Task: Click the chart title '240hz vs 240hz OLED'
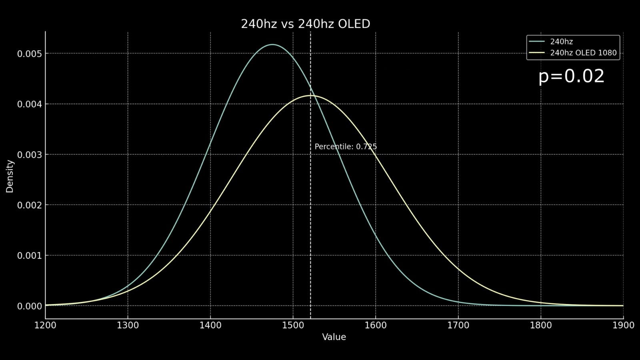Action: [305, 24]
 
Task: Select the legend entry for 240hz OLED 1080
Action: [583, 53]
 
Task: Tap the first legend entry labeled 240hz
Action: [561, 42]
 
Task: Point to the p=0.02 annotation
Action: [571, 76]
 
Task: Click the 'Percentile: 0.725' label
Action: [346, 147]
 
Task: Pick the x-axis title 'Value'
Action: [334, 337]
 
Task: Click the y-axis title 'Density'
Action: [10, 176]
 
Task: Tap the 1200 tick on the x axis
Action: [46, 325]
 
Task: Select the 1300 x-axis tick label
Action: [128, 325]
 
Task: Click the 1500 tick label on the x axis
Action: [293, 325]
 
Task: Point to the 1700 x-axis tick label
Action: [458, 325]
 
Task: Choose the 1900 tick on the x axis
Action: [623, 325]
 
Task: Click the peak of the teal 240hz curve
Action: [272, 44]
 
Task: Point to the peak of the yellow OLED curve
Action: [310, 96]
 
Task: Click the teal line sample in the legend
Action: [536, 42]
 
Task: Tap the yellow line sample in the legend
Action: [536, 53]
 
